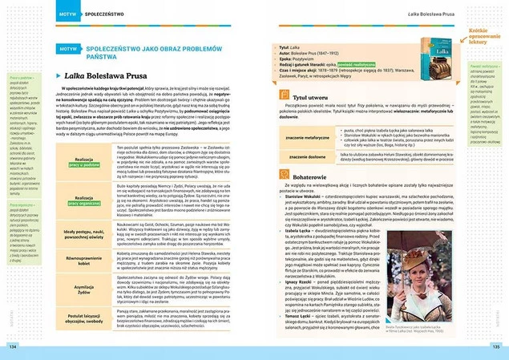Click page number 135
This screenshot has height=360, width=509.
tap(496, 346)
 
